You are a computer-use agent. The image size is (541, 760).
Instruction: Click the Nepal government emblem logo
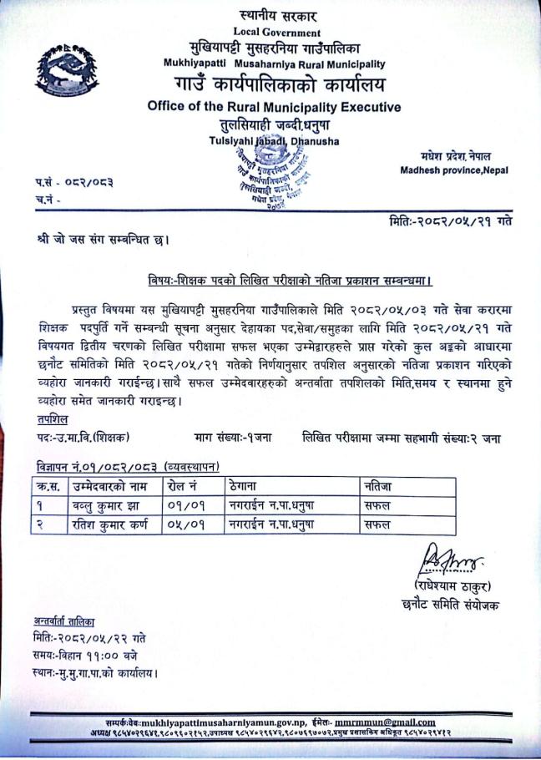click(62, 69)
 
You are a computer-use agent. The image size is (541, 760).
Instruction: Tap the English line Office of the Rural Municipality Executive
click(274, 107)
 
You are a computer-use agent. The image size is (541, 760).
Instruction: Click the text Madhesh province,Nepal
click(454, 170)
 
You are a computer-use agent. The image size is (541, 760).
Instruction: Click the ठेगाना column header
click(244, 486)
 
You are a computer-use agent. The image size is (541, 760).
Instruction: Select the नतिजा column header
click(378, 486)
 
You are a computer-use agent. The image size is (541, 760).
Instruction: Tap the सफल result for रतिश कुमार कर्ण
click(378, 524)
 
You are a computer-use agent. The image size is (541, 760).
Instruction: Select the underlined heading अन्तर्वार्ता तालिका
click(64, 621)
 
